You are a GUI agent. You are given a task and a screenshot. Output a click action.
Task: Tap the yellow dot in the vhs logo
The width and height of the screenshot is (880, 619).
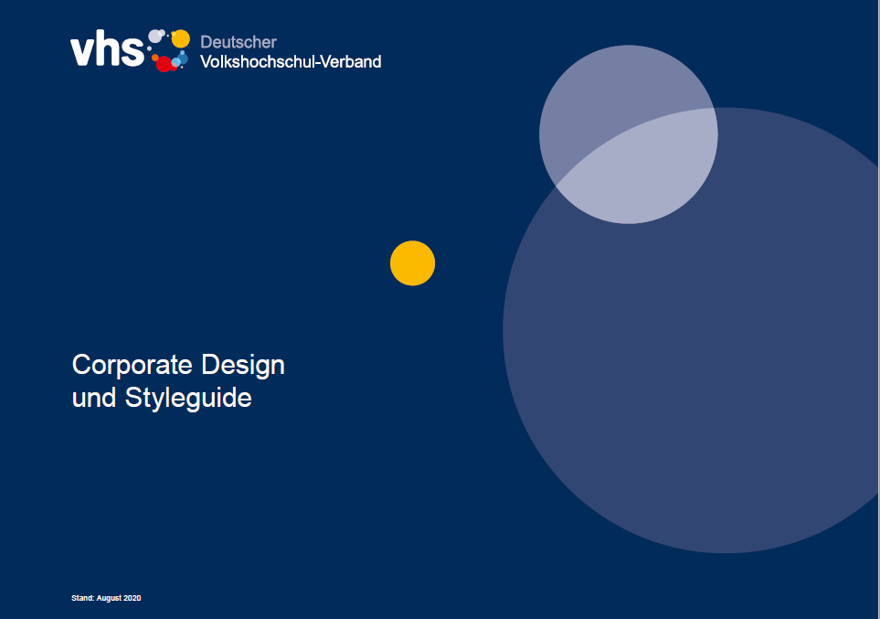[181, 38]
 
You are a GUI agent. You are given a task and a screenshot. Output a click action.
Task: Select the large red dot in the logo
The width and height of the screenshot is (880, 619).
[164, 64]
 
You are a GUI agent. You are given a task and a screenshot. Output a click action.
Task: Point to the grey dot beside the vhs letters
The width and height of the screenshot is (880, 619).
[154, 37]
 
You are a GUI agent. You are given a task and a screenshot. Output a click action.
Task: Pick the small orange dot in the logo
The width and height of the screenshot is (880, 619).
[155, 58]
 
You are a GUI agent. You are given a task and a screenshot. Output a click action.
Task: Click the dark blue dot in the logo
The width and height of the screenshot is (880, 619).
[183, 58]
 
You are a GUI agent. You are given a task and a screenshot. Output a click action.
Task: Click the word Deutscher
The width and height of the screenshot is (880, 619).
[239, 42]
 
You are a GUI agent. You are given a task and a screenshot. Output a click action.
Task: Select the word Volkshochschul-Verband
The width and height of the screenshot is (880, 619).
[291, 62]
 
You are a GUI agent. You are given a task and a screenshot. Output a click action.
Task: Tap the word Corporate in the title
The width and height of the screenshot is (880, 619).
[133, 365]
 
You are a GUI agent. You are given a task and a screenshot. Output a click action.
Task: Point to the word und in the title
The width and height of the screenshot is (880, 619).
[94, 398]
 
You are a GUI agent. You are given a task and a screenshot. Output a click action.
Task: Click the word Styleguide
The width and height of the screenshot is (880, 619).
[188, 399]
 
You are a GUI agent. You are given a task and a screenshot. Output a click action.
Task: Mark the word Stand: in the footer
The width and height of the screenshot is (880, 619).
[83, 598]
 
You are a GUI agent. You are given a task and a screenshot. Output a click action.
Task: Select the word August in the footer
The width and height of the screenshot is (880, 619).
[109, 598]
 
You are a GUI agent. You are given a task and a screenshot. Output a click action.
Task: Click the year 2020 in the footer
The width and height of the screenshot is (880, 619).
[133, 598]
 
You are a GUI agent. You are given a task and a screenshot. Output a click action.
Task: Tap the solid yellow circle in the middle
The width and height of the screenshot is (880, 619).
[412, 263]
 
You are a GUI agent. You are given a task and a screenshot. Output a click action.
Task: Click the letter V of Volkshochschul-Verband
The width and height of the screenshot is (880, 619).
[206, 62]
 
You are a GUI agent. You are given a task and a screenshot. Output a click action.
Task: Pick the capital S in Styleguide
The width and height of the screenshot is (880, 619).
[133, 398]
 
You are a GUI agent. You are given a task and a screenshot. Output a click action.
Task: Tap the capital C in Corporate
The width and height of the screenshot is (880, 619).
[82, 365]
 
